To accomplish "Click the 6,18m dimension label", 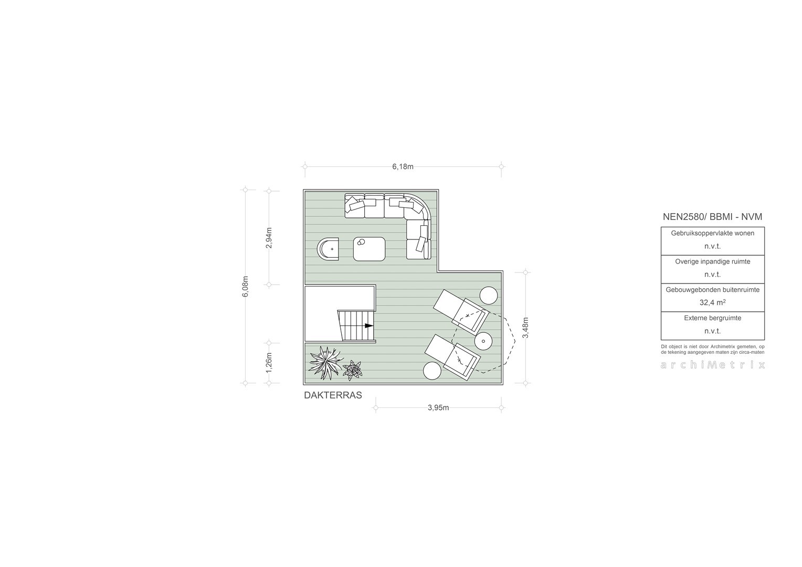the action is (403, 166).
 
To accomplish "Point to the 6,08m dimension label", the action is (245, 287).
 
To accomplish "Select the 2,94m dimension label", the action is (269, 238).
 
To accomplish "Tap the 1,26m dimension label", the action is (269, 362).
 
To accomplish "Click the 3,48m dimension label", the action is (525, 328).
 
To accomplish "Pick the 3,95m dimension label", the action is (438, 407).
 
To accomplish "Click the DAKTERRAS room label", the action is (333, 395).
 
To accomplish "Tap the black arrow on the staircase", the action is (369, 325).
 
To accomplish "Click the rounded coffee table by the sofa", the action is (370, 249).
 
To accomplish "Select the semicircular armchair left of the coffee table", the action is (328, 249).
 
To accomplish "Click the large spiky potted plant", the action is (325, 362).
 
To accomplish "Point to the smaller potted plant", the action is (353, 370).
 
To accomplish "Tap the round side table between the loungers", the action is (483, 341).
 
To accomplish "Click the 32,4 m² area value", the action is (712, 303).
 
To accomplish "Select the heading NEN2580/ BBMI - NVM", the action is (712, 217).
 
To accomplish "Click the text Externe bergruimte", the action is (712, 318).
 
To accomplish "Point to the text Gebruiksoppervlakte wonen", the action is (712, 233).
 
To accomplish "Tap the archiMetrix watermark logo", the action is (712, 365).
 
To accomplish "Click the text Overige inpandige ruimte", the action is (712, 261).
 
